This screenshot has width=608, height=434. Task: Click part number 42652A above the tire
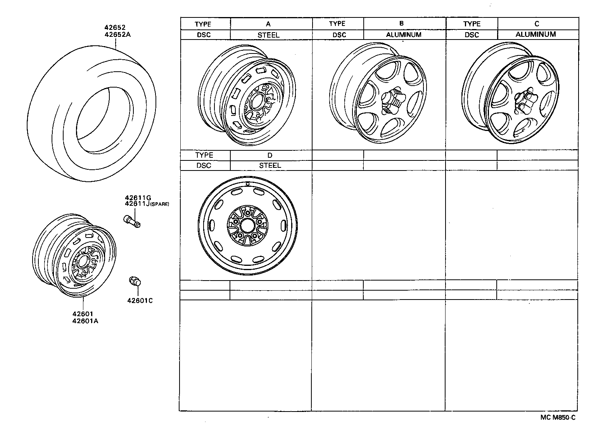[117, 34]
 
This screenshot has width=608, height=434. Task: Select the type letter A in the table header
[268, 24]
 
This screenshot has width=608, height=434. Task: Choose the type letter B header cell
[401, 24]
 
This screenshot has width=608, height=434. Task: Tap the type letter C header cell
[537, 24]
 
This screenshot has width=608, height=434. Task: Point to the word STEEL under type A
[268, 35]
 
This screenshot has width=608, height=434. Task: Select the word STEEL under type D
[270, 165]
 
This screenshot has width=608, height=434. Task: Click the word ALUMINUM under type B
[404, 35]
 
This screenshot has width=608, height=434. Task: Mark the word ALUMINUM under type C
[535, 34]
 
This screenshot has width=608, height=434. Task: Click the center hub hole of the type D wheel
[247, 225]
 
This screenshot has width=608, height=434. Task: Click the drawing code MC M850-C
[558, 417]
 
